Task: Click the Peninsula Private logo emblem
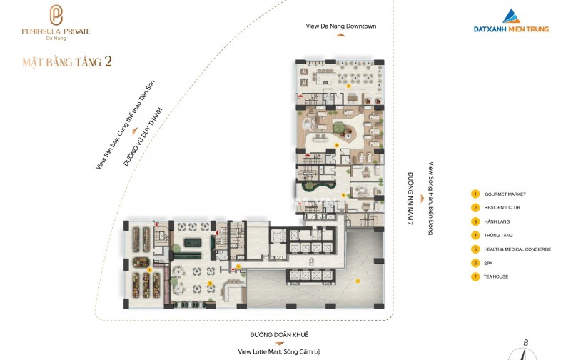pyautogui.click(x=56, y=15)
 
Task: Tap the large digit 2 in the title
pyautogui.click(x=108, y=61)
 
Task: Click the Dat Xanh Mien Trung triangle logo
pyautogui.click(x=511, y=16)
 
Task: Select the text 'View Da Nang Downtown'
pyautogui.click(x=341, y=26)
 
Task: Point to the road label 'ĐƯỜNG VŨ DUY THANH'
pyautogui.click(x=142, y=137)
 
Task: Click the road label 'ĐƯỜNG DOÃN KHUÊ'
pyautogui.click(x=279, y=334)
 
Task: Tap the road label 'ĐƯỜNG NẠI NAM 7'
pyautogui.click(x=410, y=199)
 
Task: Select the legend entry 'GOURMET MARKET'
pyautogui.click(x=505, y=194)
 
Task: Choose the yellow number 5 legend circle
pyautogui.click(x=475, y=249)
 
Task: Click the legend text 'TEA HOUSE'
pyautogui.click(x=495, y=276)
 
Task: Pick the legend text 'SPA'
pyautogui.click(x=488, y=263)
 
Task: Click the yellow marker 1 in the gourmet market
pyautogui.click(x=149, y=270)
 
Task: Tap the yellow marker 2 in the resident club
pyautogui.click(x=210, y=283)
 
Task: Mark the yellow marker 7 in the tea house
pyautogui.click(x=348, y=86)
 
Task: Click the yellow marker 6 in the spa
pyautogui.click(x=336, y=145)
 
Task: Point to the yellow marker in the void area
pyautogui.click(x=358, y=281)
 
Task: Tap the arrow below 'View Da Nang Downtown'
pyautogui.click(x=340, y=35)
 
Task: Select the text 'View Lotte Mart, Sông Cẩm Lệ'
pyautogui.click(x=279, y=351)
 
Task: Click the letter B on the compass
pyautogui.click(x=526, y=343)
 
